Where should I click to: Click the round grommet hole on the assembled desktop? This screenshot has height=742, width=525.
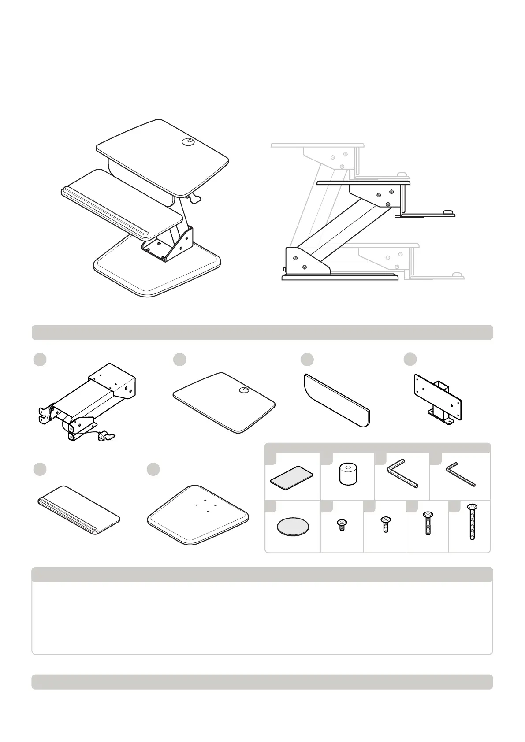pyautogui.click(x=188, y=141)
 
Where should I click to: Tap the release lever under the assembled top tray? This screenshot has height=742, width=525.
pyautogui.click(x=194, y=199)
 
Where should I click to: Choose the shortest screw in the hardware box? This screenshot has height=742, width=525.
pyautogui.click(x=342, y=524)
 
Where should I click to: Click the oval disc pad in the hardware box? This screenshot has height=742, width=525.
pyautogui.click(x=293, y=527)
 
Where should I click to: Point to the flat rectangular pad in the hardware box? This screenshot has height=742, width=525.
pyautogui.click(x=291, y=477)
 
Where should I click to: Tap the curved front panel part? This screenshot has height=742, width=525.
pyautogui.click(x=337, y=400)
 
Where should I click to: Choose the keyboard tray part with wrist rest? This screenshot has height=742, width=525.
pyautogui.click(x=78, y=510)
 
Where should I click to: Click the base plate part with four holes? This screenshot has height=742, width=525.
pyautogui.click(x=198, y=515)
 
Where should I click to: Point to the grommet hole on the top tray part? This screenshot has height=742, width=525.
pyautogui.click(x=243, y=390)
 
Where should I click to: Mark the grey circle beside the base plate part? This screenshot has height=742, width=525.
pyautogui.click(x=153, y=469)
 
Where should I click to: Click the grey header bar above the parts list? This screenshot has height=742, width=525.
pyautogui.click(x=262, y=332)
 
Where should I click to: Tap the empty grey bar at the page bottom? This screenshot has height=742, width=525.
pyautogui.click(x=262, y=682)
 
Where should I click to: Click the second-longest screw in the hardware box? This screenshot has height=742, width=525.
pyautogui.click(x=428, y=523)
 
